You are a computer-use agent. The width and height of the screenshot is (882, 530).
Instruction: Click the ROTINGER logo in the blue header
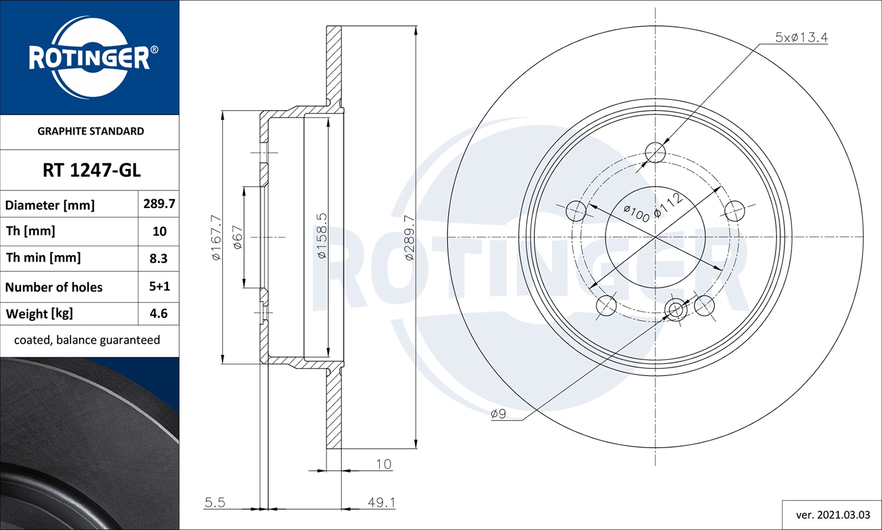point(90,58)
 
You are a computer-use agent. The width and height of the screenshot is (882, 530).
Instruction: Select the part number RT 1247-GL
point(91,170)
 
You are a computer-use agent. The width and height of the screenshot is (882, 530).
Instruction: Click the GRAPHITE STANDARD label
point(91,131)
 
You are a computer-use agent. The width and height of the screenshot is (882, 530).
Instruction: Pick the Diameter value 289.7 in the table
point(159,204)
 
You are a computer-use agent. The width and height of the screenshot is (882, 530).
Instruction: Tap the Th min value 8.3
point(159,259)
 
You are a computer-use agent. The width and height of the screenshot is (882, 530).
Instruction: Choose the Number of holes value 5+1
point(159,287)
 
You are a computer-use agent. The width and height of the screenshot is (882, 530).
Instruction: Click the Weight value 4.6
point(159,314)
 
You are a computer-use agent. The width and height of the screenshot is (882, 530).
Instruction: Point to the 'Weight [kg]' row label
point(39,314)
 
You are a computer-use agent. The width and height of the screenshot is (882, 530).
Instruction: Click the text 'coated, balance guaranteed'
point(87,340)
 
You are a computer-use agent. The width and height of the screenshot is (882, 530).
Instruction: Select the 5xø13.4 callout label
point(801,38)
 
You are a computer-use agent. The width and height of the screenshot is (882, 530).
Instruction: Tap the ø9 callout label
point(498,414)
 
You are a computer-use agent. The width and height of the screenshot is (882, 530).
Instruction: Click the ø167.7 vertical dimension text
point(216,237)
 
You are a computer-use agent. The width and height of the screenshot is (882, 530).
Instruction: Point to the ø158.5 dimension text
point(322,236)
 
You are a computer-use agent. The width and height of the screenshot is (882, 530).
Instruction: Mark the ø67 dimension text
point(238,237)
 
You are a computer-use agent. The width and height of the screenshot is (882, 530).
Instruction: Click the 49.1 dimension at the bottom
point(382,502)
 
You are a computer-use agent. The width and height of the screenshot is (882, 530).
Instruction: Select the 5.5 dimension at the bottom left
point(215,502)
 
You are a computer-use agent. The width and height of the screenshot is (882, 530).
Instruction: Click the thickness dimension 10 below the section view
point(383,464)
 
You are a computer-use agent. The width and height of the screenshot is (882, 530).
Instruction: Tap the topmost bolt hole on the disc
point(655,153)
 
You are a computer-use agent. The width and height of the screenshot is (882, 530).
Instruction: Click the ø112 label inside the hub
point(668,204)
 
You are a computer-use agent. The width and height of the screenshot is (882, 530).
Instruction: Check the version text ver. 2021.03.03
point(833,515)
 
